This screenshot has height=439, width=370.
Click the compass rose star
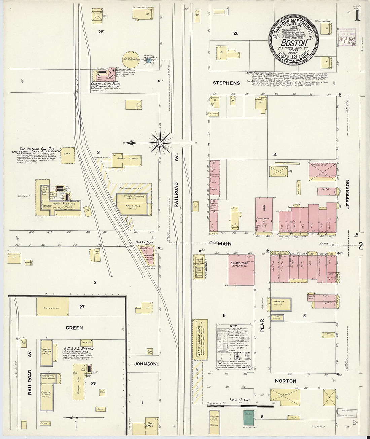pos(160,143)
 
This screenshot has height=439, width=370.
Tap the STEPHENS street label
pos(226,83)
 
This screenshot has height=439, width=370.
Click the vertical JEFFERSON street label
pos(348,194)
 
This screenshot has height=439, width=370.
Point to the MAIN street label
pos(224,244)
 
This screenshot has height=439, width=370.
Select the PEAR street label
pos(262,326)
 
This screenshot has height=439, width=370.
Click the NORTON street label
pos(286,381)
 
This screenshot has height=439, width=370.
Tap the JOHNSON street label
pos(145,364)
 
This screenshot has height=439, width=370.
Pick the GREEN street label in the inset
pos(74,328)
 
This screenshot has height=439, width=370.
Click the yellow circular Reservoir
pos(131,60)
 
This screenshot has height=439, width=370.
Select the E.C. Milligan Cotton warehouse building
pos(241,269)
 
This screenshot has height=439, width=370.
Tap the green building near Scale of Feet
pos(249,417)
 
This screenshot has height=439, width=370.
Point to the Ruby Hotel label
pos(149,424)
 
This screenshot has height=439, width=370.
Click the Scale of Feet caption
pos(240,400)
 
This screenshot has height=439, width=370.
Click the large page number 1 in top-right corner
pos(357,15)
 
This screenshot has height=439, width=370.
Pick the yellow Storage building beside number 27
pos(52,306)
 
